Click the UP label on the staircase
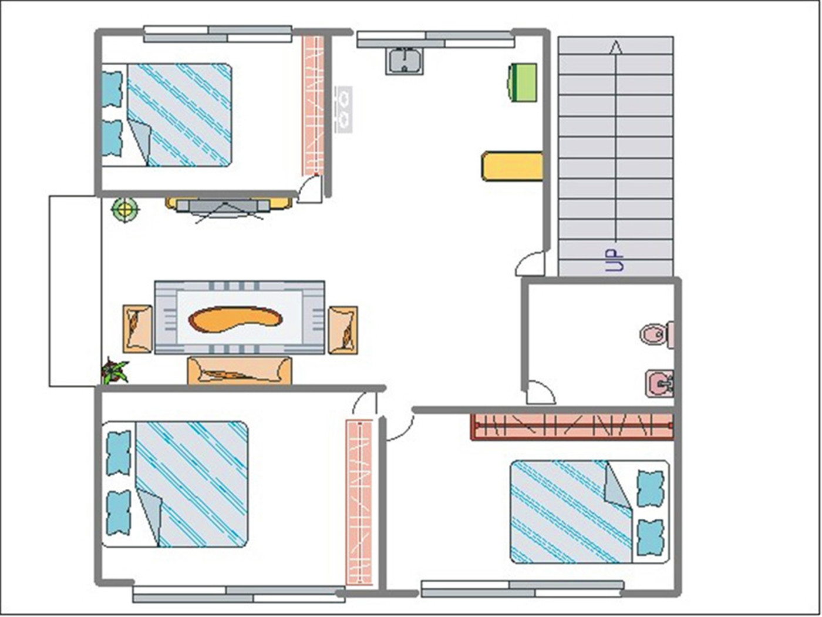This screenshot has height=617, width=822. pyautogui.click(x=615, y=260)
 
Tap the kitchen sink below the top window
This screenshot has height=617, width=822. pyautogui.click(x=405, y=62)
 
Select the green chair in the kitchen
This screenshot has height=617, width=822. pyautogui.click(x=522, y=82)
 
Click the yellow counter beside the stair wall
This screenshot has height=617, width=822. pyautogui.click(x=512, y=166)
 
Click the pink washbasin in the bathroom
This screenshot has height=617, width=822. pyautogui.click(x=659, y=383)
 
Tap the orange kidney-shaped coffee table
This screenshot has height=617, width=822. pyautogui.click(x=235, y=319)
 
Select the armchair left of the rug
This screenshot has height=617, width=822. pyautogui.click(x=137, y=329)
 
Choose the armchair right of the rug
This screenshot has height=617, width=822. pyautogui.click(x=343, y=330)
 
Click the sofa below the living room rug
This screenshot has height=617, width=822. pyautogui.click(x=240, y=370)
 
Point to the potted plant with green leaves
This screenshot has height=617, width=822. pyautogui.click(x=114, y=371)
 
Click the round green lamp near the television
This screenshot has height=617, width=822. pyautogui.click(x=125, y=209)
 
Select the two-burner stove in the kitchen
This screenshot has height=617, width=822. pyautogui.click(x=343, y=109)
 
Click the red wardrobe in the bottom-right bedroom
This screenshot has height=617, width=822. pyautogui.click(x=572, y=427)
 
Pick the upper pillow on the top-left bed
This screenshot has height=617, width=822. pyautogui.click(x=112, y=89)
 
